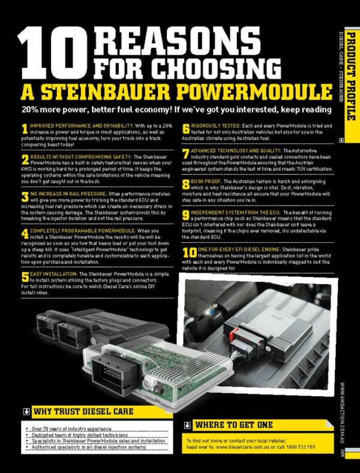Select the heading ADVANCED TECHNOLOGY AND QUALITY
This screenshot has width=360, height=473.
(240, 150)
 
